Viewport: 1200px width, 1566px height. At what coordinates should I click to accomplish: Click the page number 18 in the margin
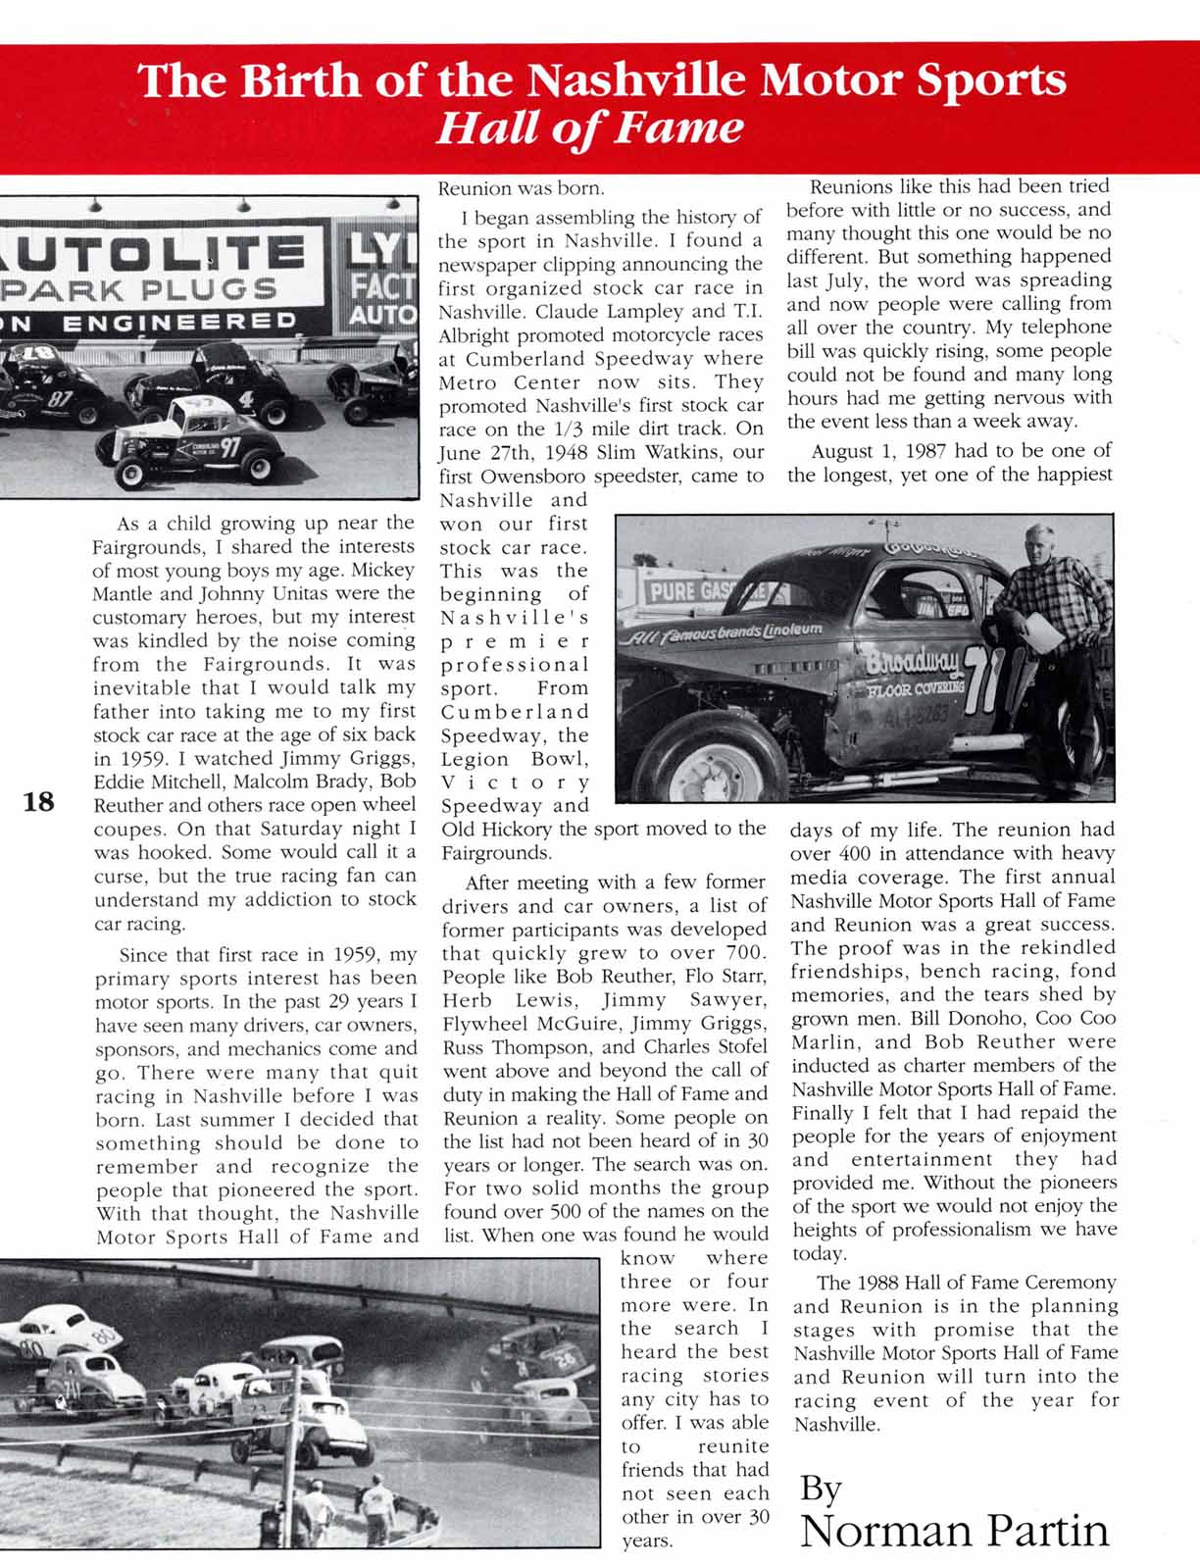click(x=39, y=802)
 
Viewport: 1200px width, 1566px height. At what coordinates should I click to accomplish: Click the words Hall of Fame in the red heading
click(x=588, y=128)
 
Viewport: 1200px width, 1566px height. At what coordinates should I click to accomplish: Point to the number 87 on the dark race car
click(x=61, y=399)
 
